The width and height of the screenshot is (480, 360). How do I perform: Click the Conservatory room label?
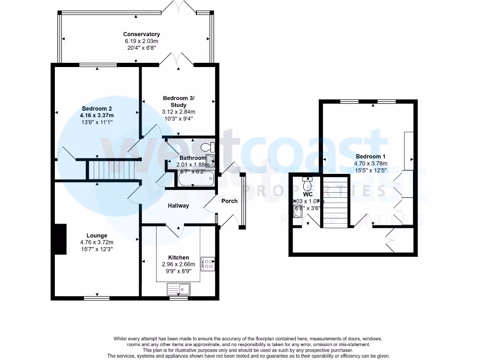(x=141, y=34)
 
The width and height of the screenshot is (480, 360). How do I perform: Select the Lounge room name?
(x=97, y=235)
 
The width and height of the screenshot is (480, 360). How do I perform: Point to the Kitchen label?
(x=179, y=257)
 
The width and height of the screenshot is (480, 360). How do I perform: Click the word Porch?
(x=229, y=201)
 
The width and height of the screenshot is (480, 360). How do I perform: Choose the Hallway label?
(x=179, y=205)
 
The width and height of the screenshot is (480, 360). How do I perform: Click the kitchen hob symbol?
(x=207, y=264)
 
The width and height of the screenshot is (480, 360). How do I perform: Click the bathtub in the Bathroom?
(x=196, y=179)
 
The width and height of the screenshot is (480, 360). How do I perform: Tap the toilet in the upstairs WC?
(x=307, y=179)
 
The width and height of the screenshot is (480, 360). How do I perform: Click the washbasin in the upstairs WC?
(x=297, y=212)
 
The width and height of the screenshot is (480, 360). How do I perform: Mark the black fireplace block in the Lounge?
(x=60, y=239)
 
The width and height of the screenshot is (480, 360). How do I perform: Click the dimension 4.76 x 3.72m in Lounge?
(x=97, y=242)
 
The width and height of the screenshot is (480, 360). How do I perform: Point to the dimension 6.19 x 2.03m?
(x=141, y=41)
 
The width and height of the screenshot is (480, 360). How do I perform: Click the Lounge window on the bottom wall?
(x=97, y=298)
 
